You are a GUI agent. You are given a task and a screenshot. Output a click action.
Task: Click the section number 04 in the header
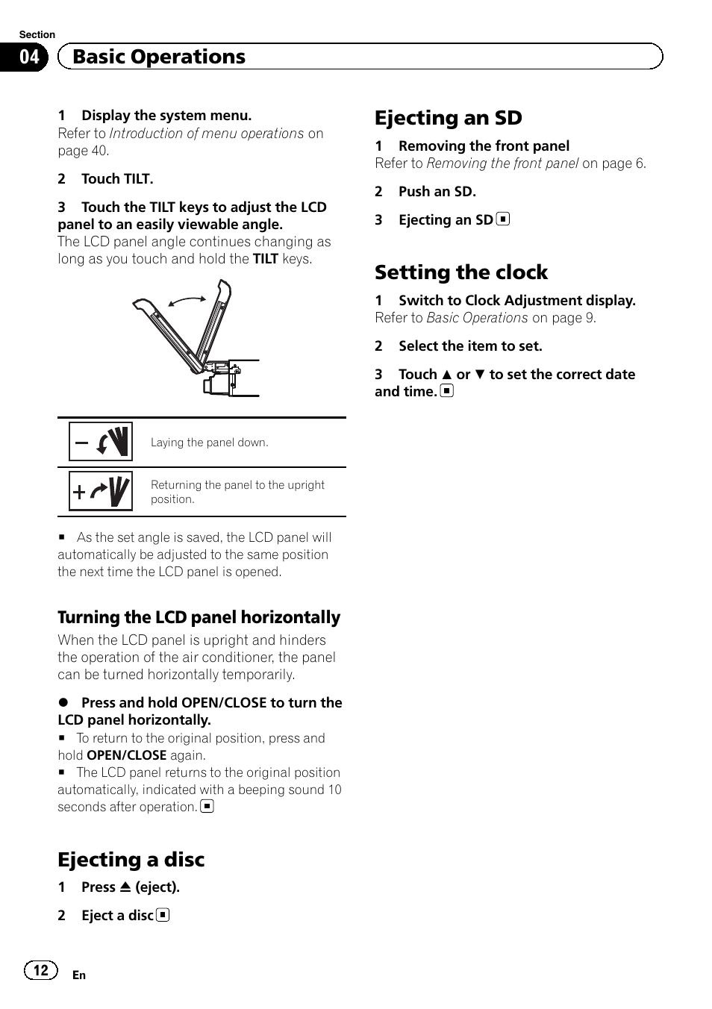pos(29,57)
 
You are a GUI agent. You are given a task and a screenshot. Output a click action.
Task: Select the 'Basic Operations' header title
pos(159,57)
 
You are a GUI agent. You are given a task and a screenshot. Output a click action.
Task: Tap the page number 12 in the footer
pos(40,969)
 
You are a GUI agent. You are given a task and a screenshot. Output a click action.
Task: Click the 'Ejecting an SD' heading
pos(448,118)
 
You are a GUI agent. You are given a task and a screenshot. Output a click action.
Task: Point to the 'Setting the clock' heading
pos(460,272)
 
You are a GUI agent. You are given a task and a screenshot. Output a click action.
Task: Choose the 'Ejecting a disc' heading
pos(131,860)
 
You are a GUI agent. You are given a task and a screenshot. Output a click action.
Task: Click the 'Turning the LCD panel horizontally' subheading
pos(199,617)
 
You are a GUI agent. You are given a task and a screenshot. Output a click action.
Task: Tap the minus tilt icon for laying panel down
pos(101,442)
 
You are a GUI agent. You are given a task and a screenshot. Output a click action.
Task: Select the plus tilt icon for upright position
pos(101,491)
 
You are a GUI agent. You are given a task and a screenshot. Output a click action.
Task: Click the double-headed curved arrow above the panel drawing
pos(187,300)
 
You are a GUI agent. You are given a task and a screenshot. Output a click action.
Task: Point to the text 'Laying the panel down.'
pos(209,443)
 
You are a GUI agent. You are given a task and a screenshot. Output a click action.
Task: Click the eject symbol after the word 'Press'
pos(125,887)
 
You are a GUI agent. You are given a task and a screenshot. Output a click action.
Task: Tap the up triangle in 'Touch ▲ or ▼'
pos(446,375)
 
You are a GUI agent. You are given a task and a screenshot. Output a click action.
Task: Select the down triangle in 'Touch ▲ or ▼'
pos(480,375)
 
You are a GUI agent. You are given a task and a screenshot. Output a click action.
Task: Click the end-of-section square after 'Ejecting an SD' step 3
pos(504,219)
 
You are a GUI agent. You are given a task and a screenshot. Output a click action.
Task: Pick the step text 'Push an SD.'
pos(437,192)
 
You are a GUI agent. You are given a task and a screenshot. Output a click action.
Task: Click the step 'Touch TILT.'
pos(117,179)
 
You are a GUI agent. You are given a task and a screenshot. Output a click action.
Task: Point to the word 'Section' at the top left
pos(37,34)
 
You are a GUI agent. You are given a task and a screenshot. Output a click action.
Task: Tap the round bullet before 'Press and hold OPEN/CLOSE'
pos(63,703)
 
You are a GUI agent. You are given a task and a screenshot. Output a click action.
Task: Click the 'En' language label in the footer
pos(79,975)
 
